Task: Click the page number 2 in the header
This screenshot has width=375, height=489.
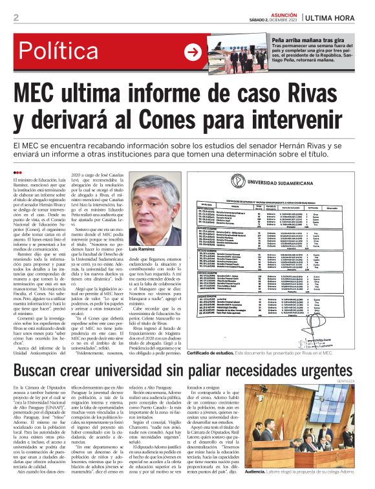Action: pyautogui.click(x=16, y=17)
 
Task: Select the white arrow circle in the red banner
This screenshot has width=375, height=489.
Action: pyautogui.click(x=193, y=52)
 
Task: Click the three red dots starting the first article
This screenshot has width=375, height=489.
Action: pyautogui.click(x=17, y=171)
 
